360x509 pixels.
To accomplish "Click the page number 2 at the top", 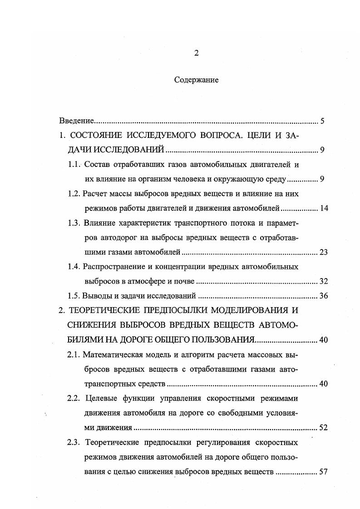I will [196, 53].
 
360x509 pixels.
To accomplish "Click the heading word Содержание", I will [196, 80].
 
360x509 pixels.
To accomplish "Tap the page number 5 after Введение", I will [322, 121].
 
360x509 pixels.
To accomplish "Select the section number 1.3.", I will [74, 223].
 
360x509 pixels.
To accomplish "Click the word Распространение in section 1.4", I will [113, 267].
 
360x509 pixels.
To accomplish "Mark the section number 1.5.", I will [74, 296].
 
